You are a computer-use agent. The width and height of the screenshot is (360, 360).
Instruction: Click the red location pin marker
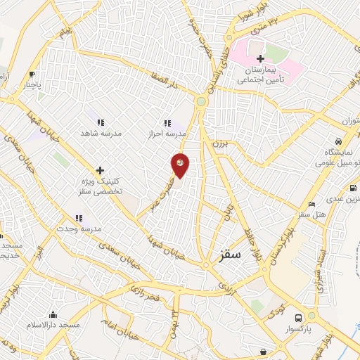click(180, 165)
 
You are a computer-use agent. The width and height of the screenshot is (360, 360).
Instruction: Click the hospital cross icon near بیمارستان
click(260, 59)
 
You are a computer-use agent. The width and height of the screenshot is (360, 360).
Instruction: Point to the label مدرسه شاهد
click(102, 132)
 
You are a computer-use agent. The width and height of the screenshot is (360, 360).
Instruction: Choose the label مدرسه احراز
click(167, 132)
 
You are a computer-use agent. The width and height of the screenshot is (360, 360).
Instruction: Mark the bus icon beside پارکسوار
click(298, 317)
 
